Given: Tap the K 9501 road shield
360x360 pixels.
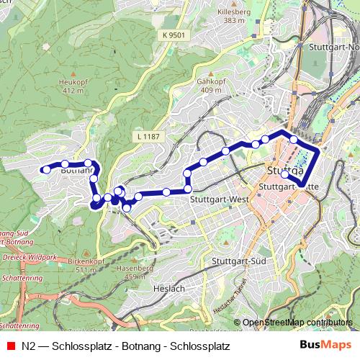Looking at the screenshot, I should point(174,35).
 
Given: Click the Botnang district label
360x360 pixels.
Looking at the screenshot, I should point(77,171).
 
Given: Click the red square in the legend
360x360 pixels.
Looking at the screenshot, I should point(10,346).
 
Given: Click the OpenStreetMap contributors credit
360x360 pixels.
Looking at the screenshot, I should point(297,323).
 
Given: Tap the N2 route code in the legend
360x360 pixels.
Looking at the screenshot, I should point(29,346).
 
